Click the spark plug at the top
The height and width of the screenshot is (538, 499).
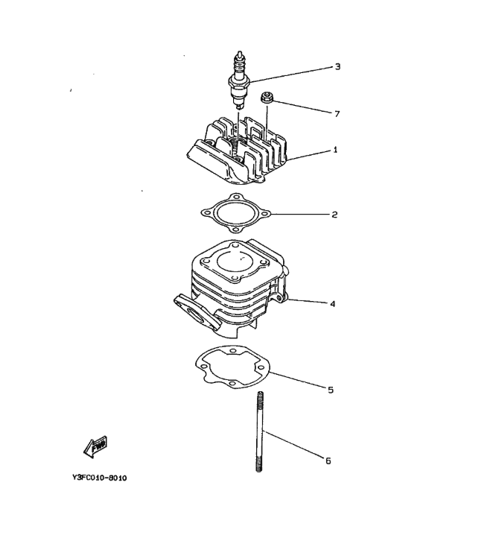click(x=240, y=80)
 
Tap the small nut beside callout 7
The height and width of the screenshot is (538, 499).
click(x=267, y=97)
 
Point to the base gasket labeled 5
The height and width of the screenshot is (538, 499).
click(x=232, y=367)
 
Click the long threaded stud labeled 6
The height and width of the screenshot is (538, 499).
click(x=260, y=431)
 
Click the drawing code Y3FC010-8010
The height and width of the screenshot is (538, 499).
click(x=100, y=478)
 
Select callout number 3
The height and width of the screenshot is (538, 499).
click(x=337, y=66)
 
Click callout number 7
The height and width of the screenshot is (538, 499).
click(x=337, y=113)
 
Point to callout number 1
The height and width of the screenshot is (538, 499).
click(x=335, y=150)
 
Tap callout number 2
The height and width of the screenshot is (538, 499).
click(x=334, y=215)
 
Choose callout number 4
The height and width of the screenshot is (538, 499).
click(x=332, y=304)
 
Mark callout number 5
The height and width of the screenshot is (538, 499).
click(x=331, y=390)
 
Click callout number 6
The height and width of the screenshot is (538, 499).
click(x=328, y=461)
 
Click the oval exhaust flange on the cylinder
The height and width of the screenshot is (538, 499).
click(x=195, y=311)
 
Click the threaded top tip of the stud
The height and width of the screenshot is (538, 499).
click(x=260, y=395)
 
